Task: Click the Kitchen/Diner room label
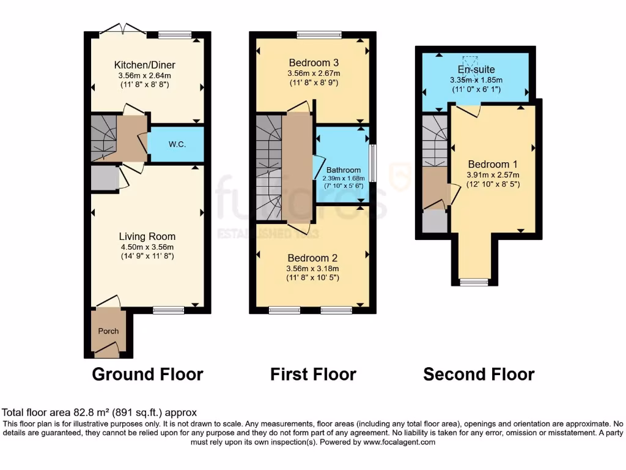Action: pos(145,65)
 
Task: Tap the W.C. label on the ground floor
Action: pos(177,144)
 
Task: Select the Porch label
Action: pos(108,331)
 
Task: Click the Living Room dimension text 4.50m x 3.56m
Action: pos(147,247)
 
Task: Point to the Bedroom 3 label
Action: pos(314,62)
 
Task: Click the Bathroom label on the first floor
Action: pos(343,170)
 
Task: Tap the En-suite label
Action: pos(476,70)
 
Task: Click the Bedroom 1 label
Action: pos(493,164)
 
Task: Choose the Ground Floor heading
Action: pos(147,374)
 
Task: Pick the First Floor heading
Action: pos(313,374)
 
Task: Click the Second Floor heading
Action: pos(479,374)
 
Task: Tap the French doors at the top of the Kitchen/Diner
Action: pos(124,29)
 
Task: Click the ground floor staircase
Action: pos(102,136)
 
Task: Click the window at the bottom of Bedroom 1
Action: pos(474,282)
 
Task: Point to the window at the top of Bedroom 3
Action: pos(319,35)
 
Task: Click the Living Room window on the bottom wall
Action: pos(168,310)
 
